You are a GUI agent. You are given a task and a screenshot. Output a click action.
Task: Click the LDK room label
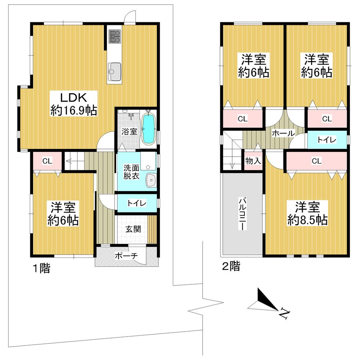pos(73,98)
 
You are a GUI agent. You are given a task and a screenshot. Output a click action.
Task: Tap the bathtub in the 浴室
pos(148,129)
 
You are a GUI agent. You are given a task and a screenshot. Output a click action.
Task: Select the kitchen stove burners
pos(115,36)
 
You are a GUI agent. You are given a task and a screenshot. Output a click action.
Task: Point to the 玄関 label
pos(133,229)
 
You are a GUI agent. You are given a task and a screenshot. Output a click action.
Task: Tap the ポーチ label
pos(126,256)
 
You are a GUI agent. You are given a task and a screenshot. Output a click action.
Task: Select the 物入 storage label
pos(253,161)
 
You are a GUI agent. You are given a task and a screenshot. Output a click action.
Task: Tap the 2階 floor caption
pos(230,267)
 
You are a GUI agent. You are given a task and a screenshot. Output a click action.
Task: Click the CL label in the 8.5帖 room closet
pos(316,161)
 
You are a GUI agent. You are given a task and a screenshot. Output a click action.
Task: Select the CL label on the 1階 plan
pos(47,161)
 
